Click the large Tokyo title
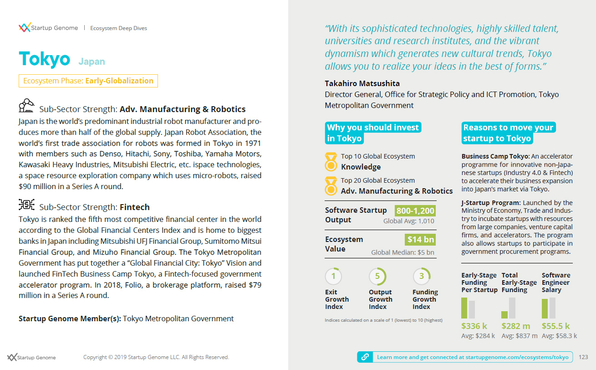pyautogui.click(x=45, y=59)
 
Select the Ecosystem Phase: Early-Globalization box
pyautogui.click(x=88, y=81)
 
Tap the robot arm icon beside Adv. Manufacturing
pyautogui.click(x=26, y=106)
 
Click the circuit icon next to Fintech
pyautogui.click(x=26, y=205)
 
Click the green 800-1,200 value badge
pyautogui.click(x=415, y=211)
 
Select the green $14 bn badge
pyautogui.click(x=420, y=240)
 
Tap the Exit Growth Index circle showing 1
pyautogui.click(x=333, y=276)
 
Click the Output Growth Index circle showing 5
pyautogui.click(x=377, y=276)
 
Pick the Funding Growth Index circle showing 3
pyautogui.click(x=422, y=276)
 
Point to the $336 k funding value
pyautogui.click(x=474, y=326)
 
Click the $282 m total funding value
pyautogui.click(x=516, y=326)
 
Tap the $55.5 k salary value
pyautogui.click(x=555, y=326)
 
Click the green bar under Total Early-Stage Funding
pyautogui.click(x=504, y=315)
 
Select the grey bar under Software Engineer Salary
pyautogui.click(x=552, y=308)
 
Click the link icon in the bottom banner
pyautogui.click(x=365, y=357)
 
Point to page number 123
pyautogui.click(x=583, y=357)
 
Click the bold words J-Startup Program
pyautogui.click(x=490, y=203)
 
